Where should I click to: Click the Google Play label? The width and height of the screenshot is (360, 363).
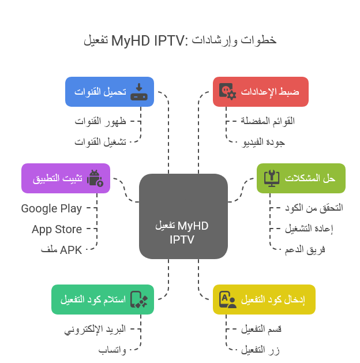point(51,209)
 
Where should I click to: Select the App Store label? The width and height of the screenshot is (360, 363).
point(57,230)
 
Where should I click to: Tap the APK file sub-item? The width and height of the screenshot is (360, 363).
point(61,250)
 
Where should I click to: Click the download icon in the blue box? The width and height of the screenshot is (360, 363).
point(139,92)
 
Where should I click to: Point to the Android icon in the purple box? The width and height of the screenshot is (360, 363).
point(95,178)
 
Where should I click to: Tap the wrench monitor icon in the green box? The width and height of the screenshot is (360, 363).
point(272,178)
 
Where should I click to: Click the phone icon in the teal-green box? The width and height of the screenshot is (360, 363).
point(139,300)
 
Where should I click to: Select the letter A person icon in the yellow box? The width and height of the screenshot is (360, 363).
point(228,300)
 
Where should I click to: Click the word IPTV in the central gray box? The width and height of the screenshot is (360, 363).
point(182,239)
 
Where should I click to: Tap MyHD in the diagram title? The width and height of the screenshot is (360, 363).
point(130,41)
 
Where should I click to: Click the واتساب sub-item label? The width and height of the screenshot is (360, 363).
point(112,350)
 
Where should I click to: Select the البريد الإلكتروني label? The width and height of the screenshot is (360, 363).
point(95,329)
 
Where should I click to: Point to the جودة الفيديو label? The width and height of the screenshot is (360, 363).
point(263,142)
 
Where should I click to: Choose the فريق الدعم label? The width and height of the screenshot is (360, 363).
point(305,250)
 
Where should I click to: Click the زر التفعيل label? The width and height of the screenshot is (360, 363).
point(260,350)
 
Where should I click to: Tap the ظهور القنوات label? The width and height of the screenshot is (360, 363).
point(100,121)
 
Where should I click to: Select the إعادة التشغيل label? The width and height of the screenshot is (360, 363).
point(309,229)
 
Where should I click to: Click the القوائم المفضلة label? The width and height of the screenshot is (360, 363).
point(268,121)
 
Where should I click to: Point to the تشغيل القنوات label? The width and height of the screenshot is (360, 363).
point(100,142)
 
